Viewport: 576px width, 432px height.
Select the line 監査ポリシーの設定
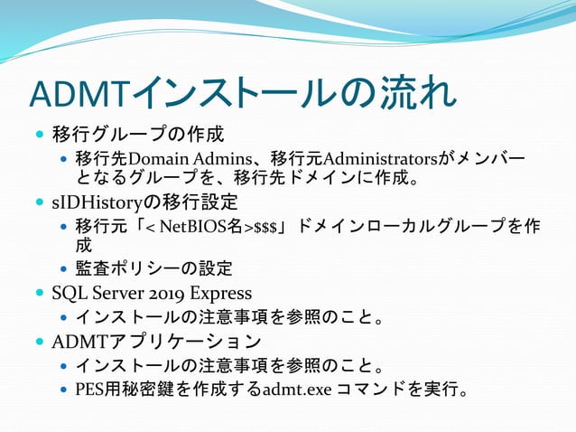pos(154,268)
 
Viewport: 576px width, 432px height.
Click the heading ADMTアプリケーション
pos(157,342)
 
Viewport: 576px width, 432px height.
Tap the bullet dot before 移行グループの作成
pos(38,136)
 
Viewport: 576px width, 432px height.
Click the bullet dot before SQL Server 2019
pos(38,294)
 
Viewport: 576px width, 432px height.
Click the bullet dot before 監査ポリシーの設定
pos(61,269)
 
